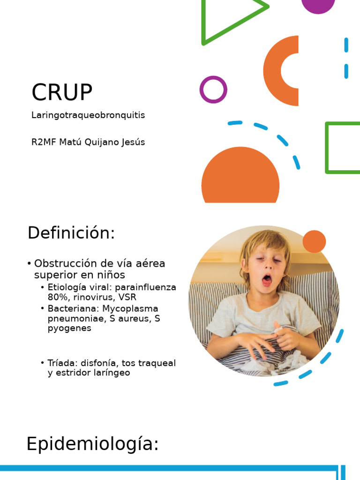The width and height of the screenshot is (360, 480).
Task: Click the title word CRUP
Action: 62,92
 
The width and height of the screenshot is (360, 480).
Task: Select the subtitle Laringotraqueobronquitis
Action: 88,115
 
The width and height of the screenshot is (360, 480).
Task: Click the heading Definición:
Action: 71,233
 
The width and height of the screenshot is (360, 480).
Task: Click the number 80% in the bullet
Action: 58,297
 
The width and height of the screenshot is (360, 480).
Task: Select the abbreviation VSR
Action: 127,297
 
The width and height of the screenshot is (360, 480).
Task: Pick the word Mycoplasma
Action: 131,308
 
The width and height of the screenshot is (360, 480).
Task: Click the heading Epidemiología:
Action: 93,444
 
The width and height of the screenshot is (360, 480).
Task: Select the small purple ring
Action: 213,90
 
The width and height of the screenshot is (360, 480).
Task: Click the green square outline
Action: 343,148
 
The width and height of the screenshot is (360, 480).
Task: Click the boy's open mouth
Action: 266,280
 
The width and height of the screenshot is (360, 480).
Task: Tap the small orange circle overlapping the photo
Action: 314,241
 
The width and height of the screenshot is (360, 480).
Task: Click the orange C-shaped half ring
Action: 277,71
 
